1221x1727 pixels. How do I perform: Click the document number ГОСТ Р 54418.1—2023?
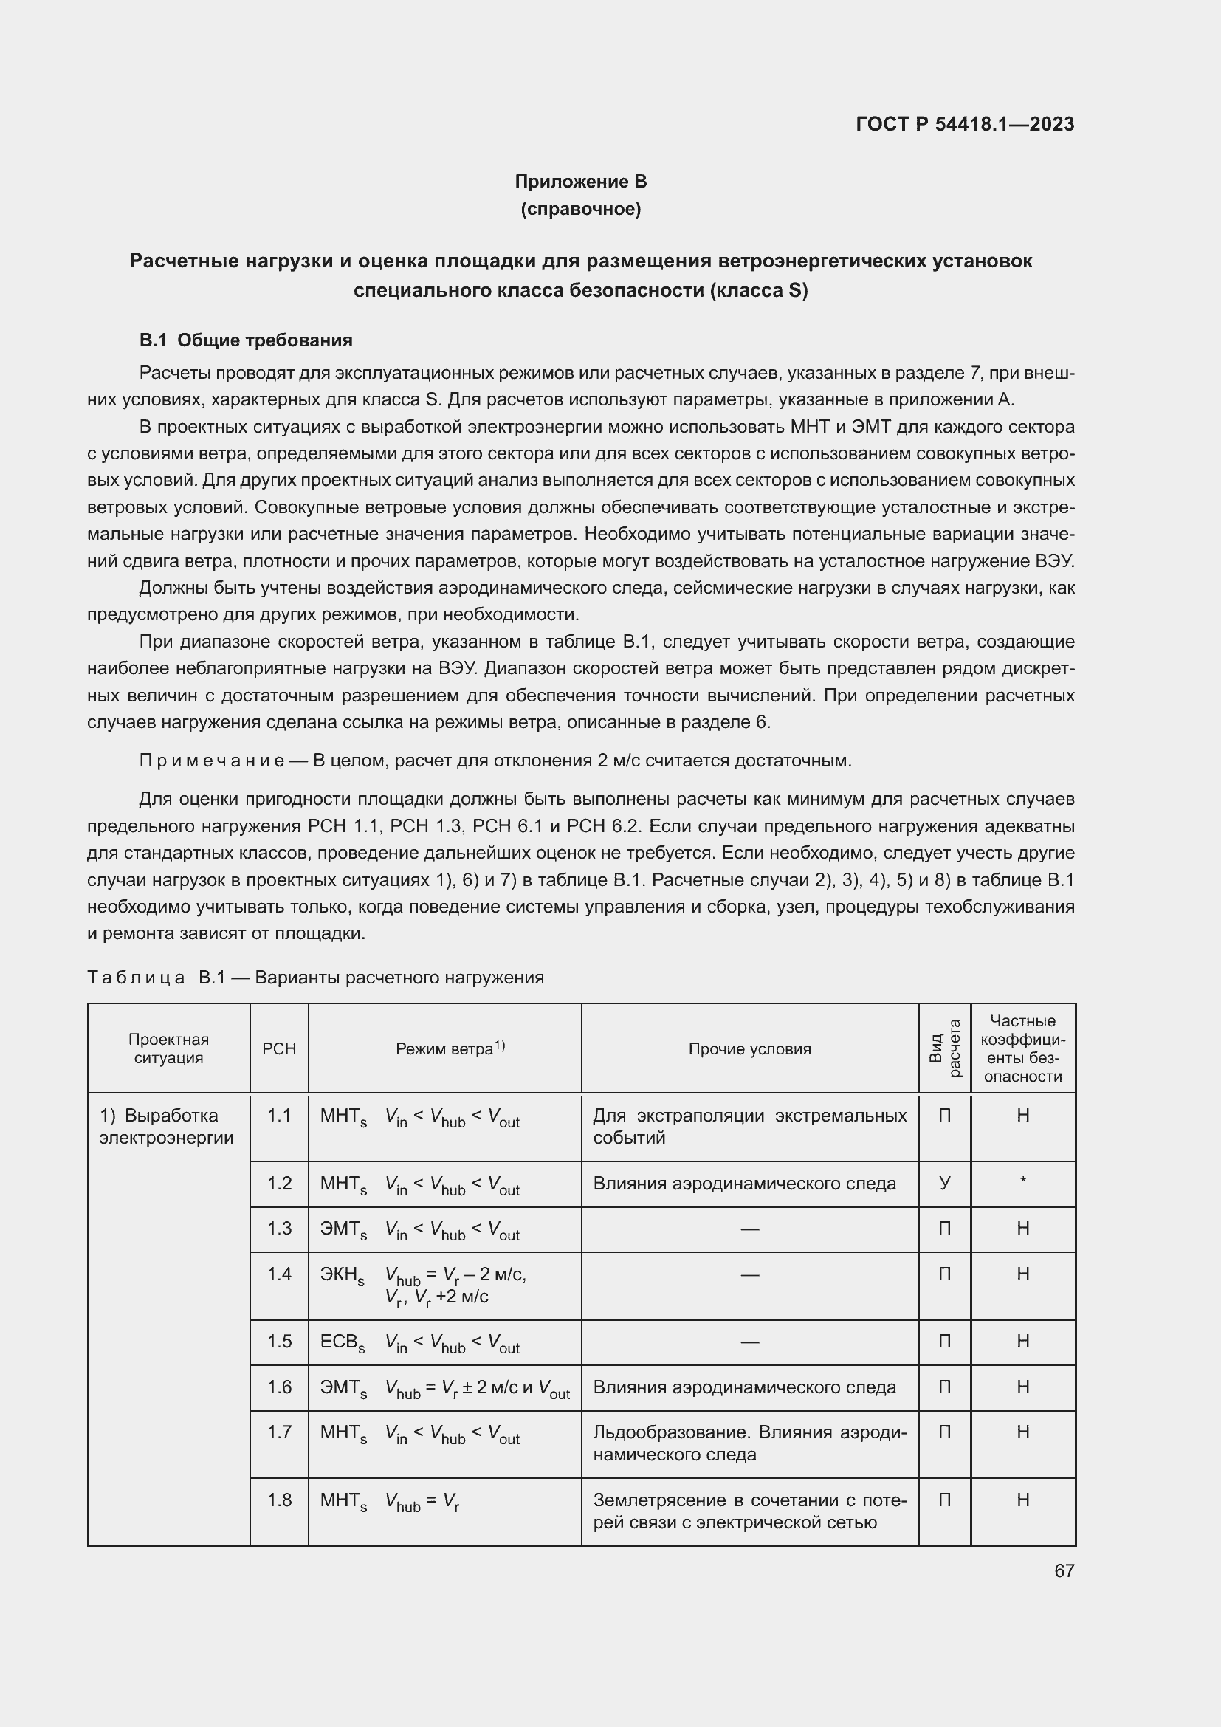coord(965,124)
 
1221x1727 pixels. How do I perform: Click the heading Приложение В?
coord(580,182)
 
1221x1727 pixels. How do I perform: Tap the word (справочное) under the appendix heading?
coord(580,209)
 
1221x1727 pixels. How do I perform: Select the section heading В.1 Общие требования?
coord(246,340)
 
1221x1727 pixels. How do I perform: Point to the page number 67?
coord(1064,1570)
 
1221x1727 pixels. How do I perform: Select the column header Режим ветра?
coord(444,1048)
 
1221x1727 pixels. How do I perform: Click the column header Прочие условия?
coord(749,1048)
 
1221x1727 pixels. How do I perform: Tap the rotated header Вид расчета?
coord(944,1048)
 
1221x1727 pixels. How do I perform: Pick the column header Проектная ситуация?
coord(168,1048)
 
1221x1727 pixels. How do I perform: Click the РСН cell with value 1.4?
coord(279,1274)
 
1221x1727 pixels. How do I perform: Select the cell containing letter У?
coord(944,1183)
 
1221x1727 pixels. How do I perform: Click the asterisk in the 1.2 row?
coord(1022,1181)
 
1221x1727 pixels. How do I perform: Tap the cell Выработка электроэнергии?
coord(167,1126)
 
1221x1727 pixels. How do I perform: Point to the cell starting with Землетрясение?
coord(749,1511)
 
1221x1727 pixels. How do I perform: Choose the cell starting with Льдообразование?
coord(749,1443)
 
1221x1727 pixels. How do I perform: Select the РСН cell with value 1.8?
coord(279,1500)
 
